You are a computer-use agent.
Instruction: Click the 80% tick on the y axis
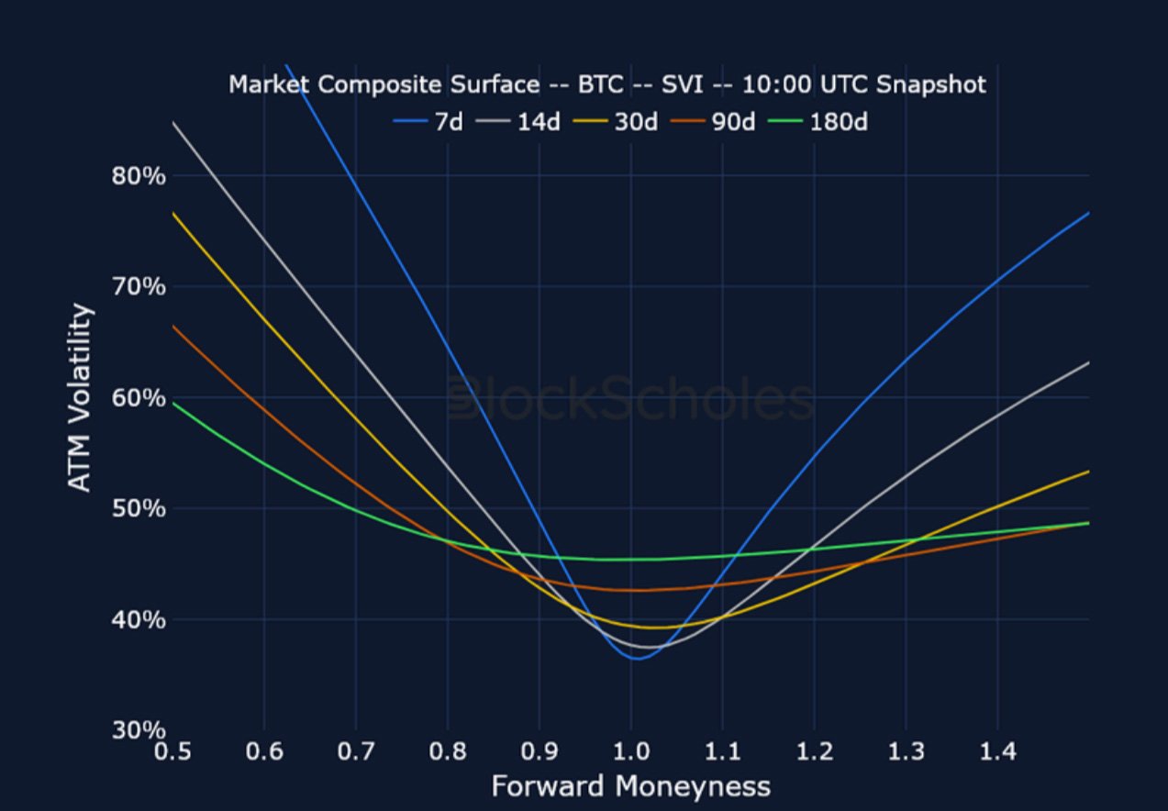click(x=139, y=176)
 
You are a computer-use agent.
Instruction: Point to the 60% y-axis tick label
click(x=139, y=398)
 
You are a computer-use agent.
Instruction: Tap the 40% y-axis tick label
click(x=139, y=620)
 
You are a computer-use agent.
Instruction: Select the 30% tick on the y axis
click(x=139, y=730)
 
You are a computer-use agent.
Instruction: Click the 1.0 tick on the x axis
click(x=631, y=753)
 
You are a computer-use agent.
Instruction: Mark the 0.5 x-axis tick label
click(x=172, y=753)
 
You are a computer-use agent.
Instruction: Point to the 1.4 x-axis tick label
click(x=997, y=753)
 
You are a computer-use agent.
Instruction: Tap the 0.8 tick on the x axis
click(x=448, y=753)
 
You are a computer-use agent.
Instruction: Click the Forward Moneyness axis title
click(x=630, y=786)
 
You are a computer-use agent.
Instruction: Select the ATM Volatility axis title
click(x=82, y=398)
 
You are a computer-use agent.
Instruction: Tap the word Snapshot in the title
click(x=930, y=85)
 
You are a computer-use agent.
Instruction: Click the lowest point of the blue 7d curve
click(x=637, y=658)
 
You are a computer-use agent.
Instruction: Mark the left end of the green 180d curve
click(x=173, y=403)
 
